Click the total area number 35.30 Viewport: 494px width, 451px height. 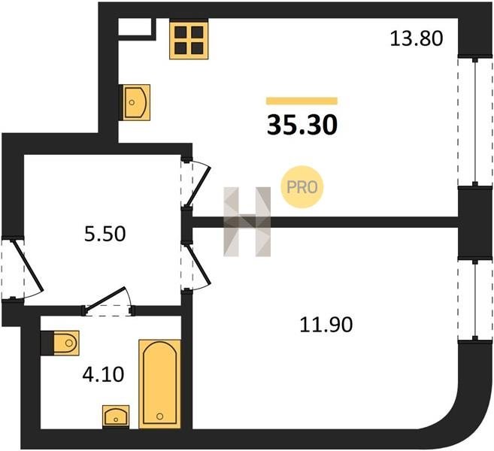tap(302, 125)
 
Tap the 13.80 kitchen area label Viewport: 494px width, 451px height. tap(417, 39)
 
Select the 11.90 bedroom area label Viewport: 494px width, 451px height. tap(326, 325)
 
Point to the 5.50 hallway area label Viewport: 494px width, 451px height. tap(105, 234)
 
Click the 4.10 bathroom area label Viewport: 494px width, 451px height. tap(103, 374)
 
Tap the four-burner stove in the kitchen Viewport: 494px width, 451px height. tap(189, 39)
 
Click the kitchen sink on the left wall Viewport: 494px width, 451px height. tap(135, 102)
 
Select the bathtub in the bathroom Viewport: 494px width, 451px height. tap(159, 384)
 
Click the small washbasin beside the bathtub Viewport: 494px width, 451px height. tap(116, 416)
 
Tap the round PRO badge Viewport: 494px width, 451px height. tap(302, 187)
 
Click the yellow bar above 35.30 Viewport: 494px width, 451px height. tap(302, 101)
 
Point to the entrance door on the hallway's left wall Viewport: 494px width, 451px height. tap(22, 268)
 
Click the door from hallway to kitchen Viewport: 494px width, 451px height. tap(195, 183)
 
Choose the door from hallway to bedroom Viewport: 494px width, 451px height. tap(195, 266)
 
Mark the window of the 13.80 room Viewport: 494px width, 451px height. tap(475, 120)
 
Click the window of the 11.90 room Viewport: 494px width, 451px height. tap(475, 299)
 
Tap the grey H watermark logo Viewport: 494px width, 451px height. tap(247, 222)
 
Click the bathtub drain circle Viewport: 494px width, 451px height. tap(159, 416)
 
